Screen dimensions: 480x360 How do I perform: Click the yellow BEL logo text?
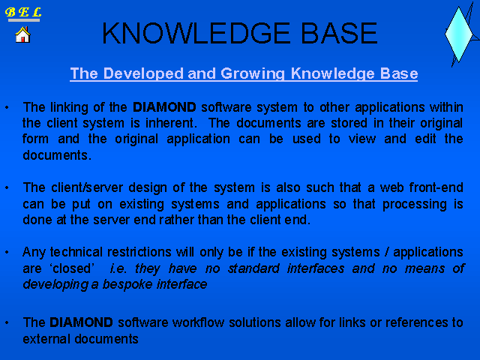click(x=23, y=13)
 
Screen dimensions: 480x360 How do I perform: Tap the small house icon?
click(x=23, y=34)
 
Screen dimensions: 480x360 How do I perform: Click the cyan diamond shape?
click(x=458, y=34)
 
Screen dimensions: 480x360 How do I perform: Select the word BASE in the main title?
click(x=339, y=33)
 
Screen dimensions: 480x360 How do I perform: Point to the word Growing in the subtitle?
click(x=253, y=73)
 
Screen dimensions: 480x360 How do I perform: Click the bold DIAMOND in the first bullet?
click(x=164, y=107)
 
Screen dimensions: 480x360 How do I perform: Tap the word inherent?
click(x=170, y=123)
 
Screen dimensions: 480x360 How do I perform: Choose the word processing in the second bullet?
click(x=415, y=205)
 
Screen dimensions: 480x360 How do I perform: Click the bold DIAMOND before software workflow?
click(x=81, y=322)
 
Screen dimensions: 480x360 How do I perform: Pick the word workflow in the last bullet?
click(x=198, y=322)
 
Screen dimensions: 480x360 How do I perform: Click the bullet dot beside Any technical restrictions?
click(x=7, y=253)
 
